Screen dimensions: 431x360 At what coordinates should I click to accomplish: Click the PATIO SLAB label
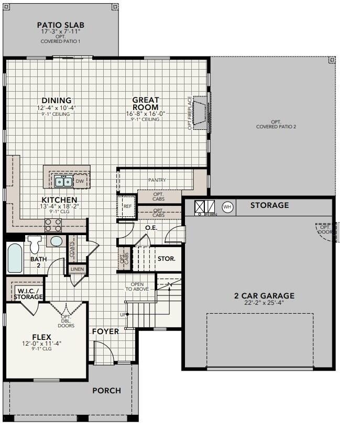[x=60, y=25]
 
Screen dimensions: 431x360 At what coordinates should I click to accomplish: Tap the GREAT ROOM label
[x=145, y=104]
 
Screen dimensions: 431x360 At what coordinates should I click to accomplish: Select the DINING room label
[x=57, y=101]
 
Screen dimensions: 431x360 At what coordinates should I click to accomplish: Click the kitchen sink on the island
[x=64, y=181]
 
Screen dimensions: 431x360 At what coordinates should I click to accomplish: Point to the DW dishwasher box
[x=80, y=181]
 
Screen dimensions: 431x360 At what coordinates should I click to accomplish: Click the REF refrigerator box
[x=127, y=206]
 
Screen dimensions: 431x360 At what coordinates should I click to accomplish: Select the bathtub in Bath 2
[x=15, y=258]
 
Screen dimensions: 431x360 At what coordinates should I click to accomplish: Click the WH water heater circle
[x=227, y=206]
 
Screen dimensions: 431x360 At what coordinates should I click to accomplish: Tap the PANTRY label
[x=157, y=180]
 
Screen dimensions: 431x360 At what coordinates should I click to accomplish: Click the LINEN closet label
[x=77, y=269]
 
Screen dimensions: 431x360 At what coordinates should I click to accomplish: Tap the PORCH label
[x=106, y=390]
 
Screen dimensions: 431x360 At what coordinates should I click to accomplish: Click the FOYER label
[x=105, y=331]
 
